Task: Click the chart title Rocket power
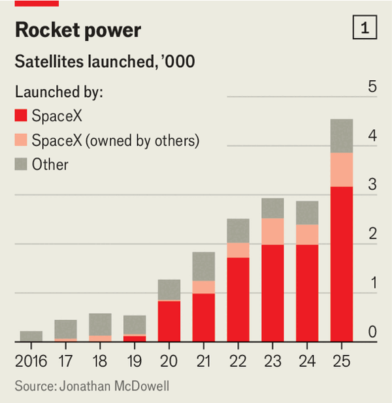tap(78, 30)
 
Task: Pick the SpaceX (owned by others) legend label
tap(115, 140)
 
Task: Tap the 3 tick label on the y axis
tap(372, 185)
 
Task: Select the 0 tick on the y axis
tap(372, 332)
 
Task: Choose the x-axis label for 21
tap(204, 359)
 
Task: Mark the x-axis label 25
tap(342, 359)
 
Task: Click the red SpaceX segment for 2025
tap(342, 264)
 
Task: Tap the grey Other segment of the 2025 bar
tap(342, 136)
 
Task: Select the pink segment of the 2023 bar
tap(272, 231)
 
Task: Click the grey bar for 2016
tap(31, 336)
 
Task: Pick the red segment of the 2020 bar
tap(169, 321)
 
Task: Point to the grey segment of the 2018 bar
tap(100, 325)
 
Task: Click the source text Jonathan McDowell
tap(92, 386)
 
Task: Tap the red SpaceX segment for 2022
tap(238, 299)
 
